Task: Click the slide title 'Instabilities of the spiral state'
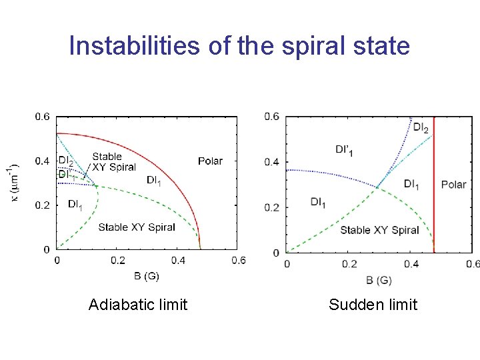(x=239, y=46)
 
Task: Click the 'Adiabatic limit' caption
(x=138, y=305)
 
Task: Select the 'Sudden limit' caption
(x=373, y=305)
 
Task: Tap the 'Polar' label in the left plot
(x=210, y=161)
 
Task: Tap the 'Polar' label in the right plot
(x=454, y=184)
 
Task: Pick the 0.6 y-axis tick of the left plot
(x=42, y=117)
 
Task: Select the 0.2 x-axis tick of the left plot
(x=117, y=260)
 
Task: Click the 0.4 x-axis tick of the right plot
(x=411, y=264)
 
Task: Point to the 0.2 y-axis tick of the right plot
(x=272, y=207)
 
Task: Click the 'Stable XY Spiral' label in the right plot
(x=379, y=230)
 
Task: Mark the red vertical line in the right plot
(x=434, y=200)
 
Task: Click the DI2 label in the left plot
(x=66, y=161)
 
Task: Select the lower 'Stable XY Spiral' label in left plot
(x=137, y=227)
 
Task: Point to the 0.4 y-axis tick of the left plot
(x=42, y=161)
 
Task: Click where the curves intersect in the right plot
(x=377, y=187)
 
